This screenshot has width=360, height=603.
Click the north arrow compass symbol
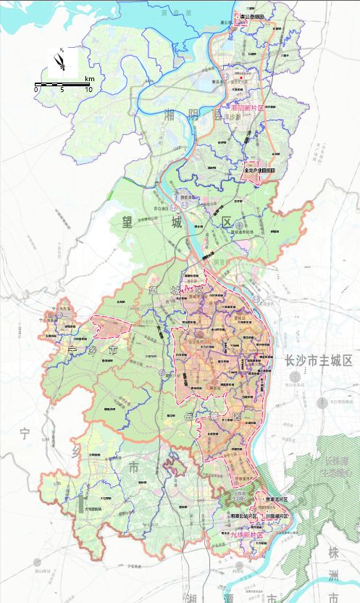(58, 63)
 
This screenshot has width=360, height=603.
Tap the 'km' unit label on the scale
(89, 78)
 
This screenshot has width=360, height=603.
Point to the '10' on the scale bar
(88, 90)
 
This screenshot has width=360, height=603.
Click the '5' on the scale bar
(62, 90)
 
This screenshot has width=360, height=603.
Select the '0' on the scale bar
(36, 90)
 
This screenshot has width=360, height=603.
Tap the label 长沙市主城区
(318, 361)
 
